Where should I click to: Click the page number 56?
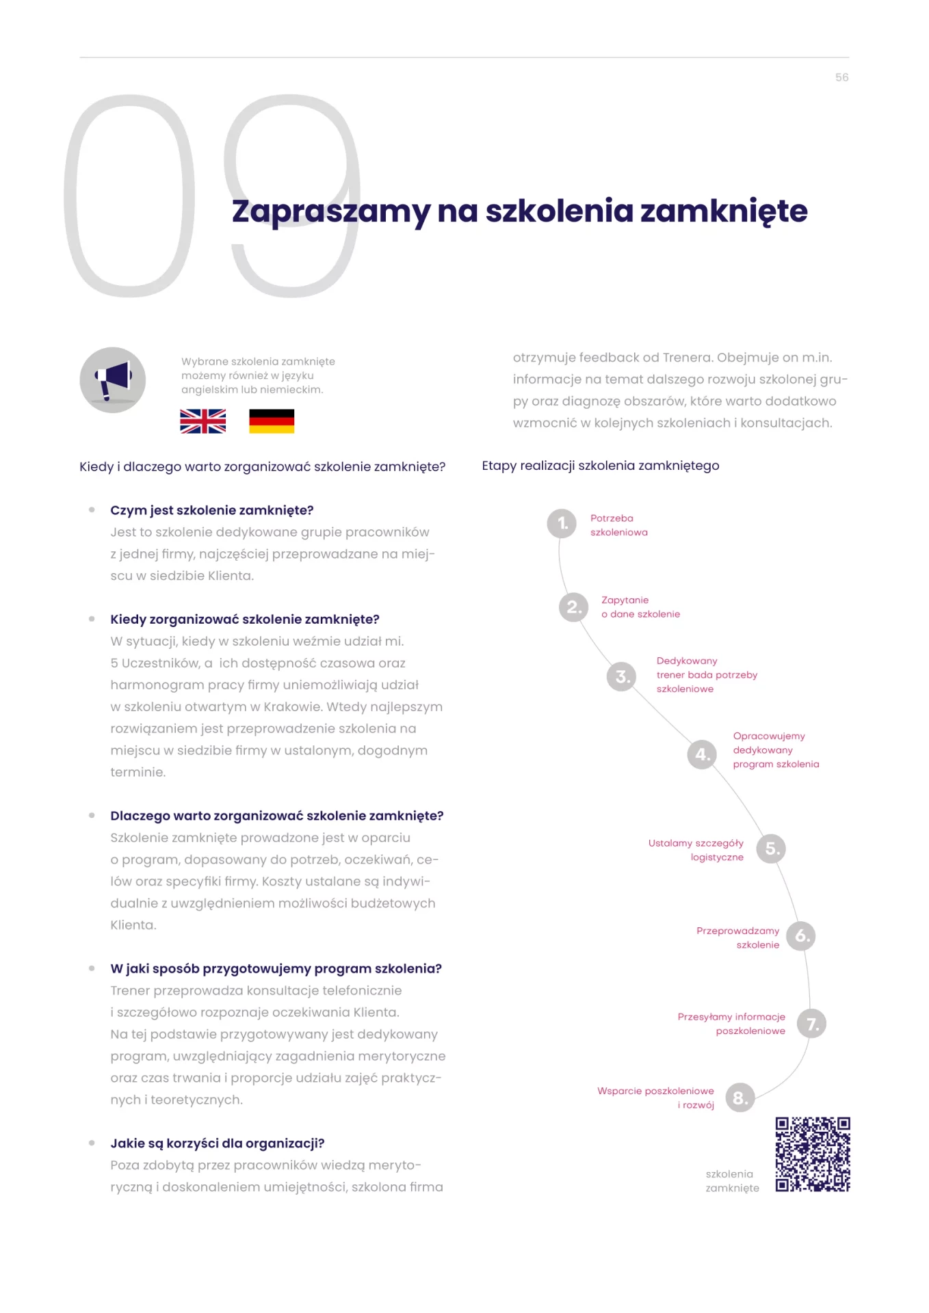[x=841, y=78]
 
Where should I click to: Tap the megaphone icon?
[x=113, y=380]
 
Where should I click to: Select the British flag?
[x=202, y=421]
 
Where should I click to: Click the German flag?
[x=272, y=421]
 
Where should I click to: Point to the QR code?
[x=813, y=1154]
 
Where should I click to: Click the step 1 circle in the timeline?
[x=562, y=524]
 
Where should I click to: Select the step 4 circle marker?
[x=702, y=754]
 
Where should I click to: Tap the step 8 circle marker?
[x=740, y=1098]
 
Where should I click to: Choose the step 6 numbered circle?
[x=801, y=936]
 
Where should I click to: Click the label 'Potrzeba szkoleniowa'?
[x=618, y=525]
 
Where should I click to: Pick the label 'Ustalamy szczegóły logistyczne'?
[x=696, y=850]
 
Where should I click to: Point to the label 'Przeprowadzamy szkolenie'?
[x=737, y=938]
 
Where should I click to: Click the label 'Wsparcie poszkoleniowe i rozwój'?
[x=655, y=1098]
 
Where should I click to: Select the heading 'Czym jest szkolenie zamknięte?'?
[x=212, y=510]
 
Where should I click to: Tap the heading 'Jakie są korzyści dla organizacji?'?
[x=218, y=1143]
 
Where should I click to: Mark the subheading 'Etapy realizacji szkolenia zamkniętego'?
[x=601, y=466]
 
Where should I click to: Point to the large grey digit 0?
[x=129, y=196]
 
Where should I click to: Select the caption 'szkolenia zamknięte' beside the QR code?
[x=732, y=1181]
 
